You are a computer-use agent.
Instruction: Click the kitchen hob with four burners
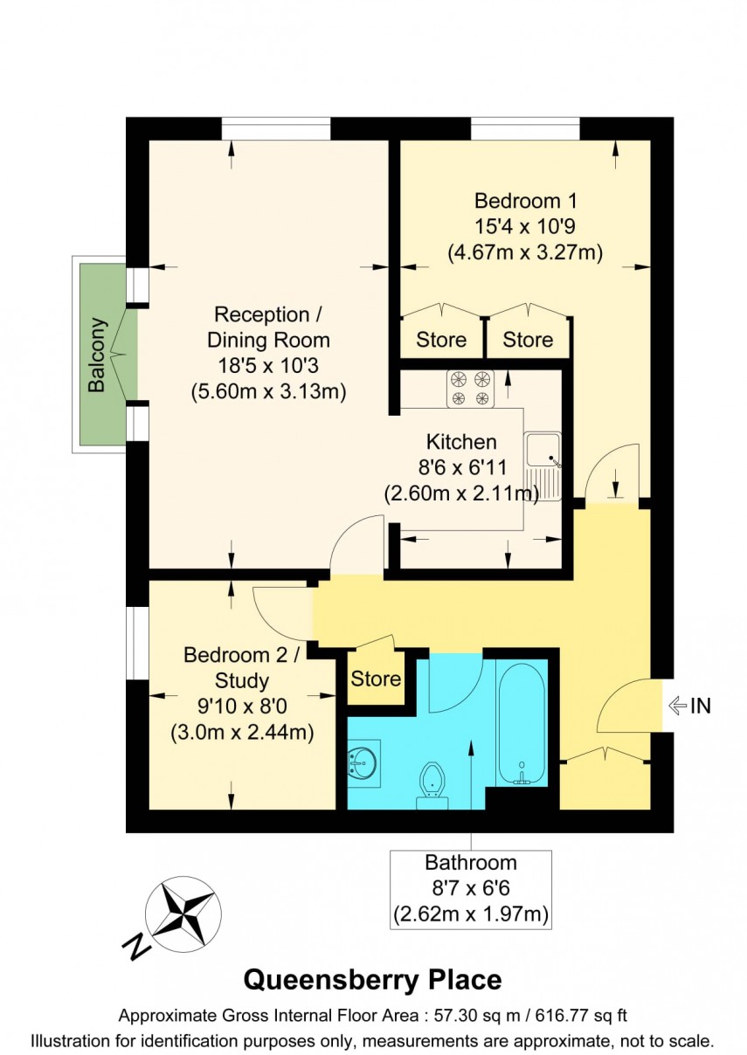pyautogui.click(x=471, y=389)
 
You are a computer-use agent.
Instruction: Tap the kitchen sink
pyautogui.click(x=543, y=466)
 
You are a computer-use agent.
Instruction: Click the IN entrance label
pyautogui.click(x=700, y=706)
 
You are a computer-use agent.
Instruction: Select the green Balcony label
pyautogui.click(x=97, y=355)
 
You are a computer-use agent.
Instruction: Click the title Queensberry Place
pyautogui.click(x=372, y=980)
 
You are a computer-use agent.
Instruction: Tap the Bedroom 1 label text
pyautogui.click(x=525, y=198)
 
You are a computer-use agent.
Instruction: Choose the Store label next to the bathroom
pyautogui.click(x=376, y=679)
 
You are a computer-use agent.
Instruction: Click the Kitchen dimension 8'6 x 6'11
pyautogui.click(x=460, y=467)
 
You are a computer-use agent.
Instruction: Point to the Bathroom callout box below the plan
pyautogui.click(x=471, y=889)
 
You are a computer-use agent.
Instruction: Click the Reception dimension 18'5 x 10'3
pyautogui.click(x=268, y=366)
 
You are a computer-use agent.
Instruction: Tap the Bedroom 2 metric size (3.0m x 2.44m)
pyautogui.click(x=242, y=731)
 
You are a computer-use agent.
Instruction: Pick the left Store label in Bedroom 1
pyautogui.click(x=440, y=339)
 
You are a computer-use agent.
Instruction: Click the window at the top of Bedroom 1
pyautogui.click(x=525, y=128)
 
